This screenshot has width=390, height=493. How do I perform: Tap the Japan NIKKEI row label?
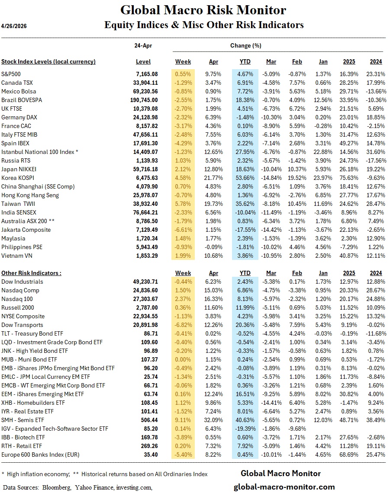click(x=19, y=169)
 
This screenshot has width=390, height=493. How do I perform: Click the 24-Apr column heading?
click(x=143, y=45)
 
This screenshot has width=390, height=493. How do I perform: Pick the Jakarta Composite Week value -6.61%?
click(x=183, y=230)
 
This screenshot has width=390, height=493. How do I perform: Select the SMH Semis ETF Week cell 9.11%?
click(x=183, y=420)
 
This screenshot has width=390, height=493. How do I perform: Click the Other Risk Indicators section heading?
click(x=31, y=273)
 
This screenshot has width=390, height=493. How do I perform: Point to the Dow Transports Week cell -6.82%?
click(x=183, y=325)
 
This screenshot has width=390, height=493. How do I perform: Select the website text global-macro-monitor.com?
click(x=284, y=487)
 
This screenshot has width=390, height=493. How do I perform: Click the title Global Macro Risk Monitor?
click(x=203, y=10)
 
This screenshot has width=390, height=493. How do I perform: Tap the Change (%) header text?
click(x=246, y=45)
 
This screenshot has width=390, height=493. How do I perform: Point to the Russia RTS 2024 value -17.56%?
click(x=375, y=160)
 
